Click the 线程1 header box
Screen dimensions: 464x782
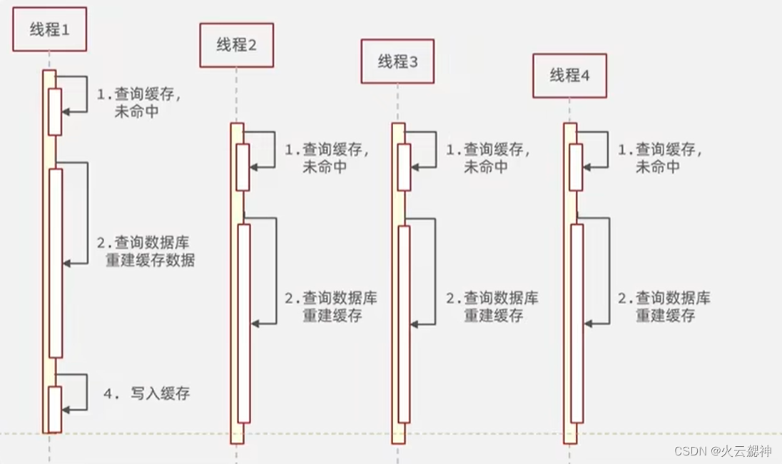tap(49, 29)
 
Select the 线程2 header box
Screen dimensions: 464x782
tap(236, 45)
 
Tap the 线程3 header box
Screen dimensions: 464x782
tap(397, 62)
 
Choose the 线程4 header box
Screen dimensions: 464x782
tap(569, 76)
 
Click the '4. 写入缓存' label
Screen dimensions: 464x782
tap(147, 393)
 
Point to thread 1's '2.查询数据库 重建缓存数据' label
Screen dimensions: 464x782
tap(145, 251)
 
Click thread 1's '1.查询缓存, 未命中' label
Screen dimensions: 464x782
tap(138, 103)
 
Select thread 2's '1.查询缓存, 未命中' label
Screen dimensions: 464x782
tap(327, 158)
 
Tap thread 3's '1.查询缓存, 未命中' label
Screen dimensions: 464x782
tap(488, 158)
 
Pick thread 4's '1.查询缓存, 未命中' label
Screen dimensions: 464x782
tap(659, 158)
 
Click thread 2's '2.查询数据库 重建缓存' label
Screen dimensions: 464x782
tap(331, 306)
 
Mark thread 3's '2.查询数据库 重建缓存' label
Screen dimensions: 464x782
tap(492, 306)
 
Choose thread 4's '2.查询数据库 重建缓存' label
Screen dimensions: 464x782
tap(664, 306)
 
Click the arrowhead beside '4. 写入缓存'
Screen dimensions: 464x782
tap(66, 410)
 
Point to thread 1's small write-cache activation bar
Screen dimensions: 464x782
tap(55, 408)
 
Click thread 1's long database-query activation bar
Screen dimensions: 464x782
tap(55, 263)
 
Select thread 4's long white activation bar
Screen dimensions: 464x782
tap(577, 323)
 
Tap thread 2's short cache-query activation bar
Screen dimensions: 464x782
tap(243, 167)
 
